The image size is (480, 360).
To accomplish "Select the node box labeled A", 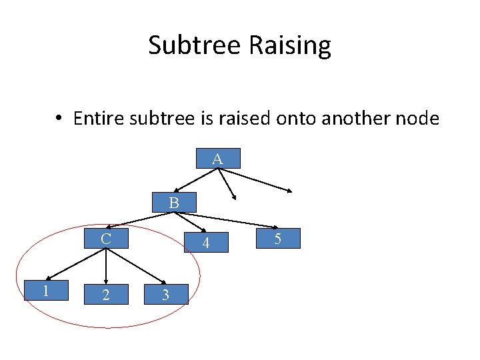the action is tap(218, 159).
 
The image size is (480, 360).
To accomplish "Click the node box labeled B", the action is tap(174, 203).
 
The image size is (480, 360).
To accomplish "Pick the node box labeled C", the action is tap(106, 239).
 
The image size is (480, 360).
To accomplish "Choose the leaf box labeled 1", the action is tap(46, 291).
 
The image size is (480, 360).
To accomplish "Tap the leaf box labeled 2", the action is tap(106, 295).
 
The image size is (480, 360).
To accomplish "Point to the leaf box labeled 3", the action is tap(165, 295).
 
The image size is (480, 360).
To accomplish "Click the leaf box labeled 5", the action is tap(278, 238).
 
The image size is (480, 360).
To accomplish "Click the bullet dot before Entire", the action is tap(59, 119).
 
